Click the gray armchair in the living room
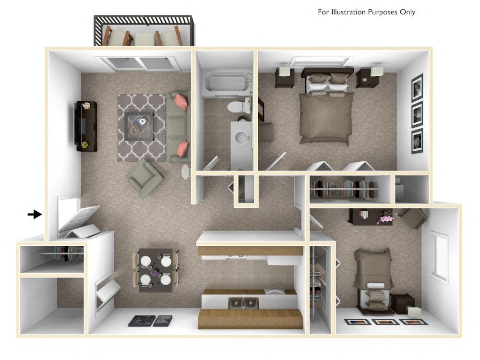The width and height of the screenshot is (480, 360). coord(144,178)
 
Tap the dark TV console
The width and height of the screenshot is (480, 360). coord(85,126)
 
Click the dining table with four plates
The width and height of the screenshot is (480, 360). coord(155,270)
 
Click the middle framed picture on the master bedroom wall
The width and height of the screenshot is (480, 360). coord(417,113)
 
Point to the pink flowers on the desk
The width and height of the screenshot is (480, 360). coord(385,218)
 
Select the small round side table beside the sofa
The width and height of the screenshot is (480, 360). coord(186,171)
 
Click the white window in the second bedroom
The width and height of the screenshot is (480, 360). coord(439,257)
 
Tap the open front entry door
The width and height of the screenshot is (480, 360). coord(79,222)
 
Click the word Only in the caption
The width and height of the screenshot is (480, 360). coord(408,12)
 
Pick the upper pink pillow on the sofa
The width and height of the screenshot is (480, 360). coord(180,102)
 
